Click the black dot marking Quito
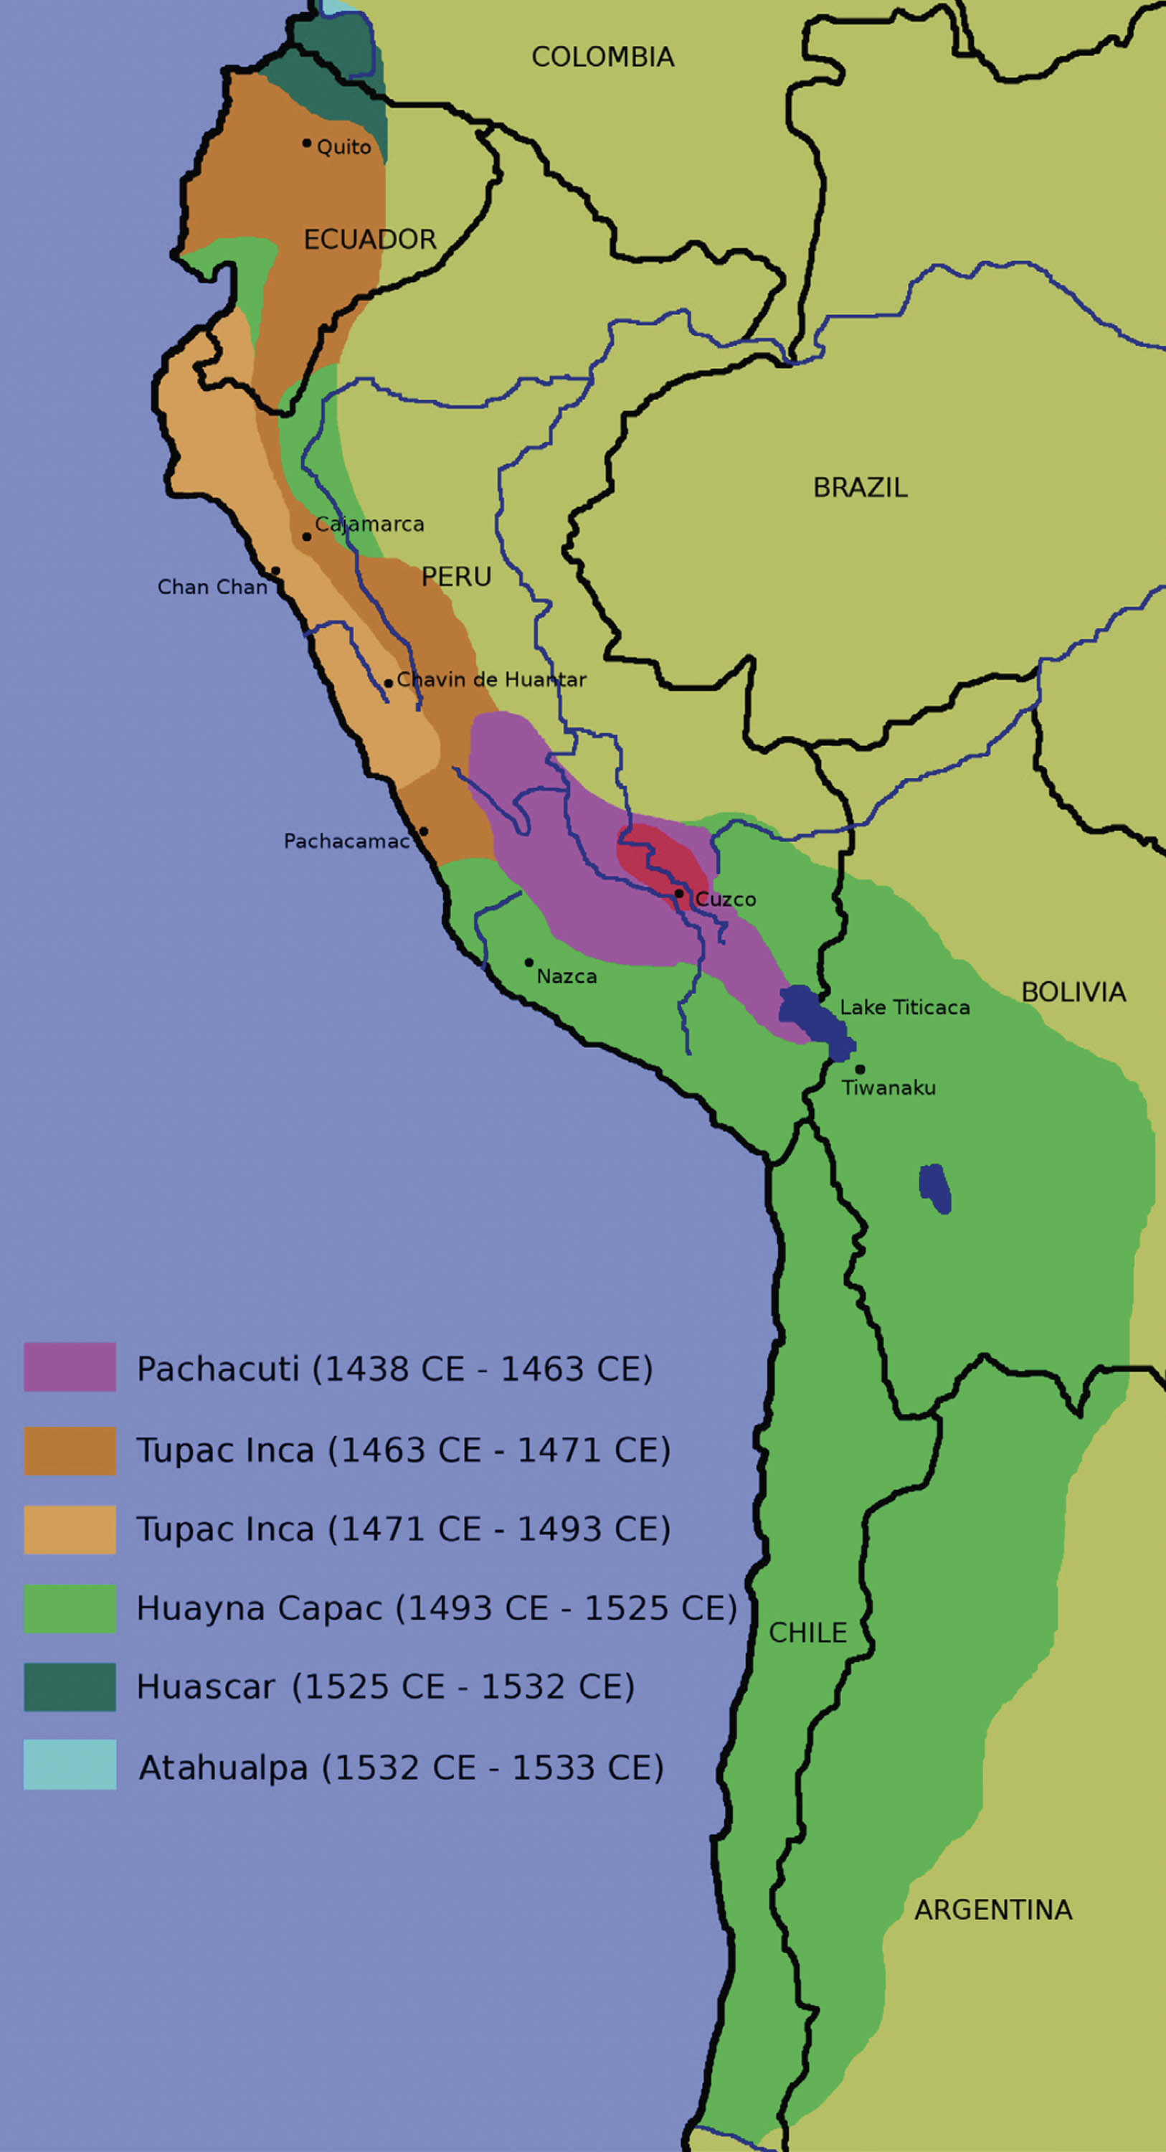[x=306, y=143]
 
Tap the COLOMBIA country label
[x=602, y=57]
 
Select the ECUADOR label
[x=369, y=239]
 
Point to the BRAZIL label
[x=860, y=487]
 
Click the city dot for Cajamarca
[x=306, y=537]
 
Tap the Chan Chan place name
[x=212, y=587]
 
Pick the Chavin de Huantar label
[x=491, y=679]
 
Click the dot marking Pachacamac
[x=424, y=831]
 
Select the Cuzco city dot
[x=679, y=894]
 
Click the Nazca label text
[x=567, y=976]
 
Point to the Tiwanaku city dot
[x=860, y=1070]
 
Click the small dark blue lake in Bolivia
[x=934, y=1187]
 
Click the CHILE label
[x=807, y=1633]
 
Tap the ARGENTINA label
[x=992, y=1910]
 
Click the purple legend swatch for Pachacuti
[x=70, y=1367]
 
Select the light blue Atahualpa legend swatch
[x=70, y=1765]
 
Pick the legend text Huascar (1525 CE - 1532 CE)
[x=385, y=1686]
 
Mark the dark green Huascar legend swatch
[x=70, y=1686]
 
